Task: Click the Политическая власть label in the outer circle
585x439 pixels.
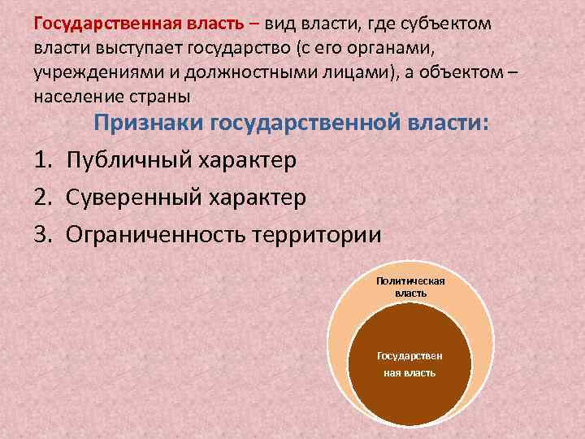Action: (410, 286)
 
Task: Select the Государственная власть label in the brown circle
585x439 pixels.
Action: (410, 364)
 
